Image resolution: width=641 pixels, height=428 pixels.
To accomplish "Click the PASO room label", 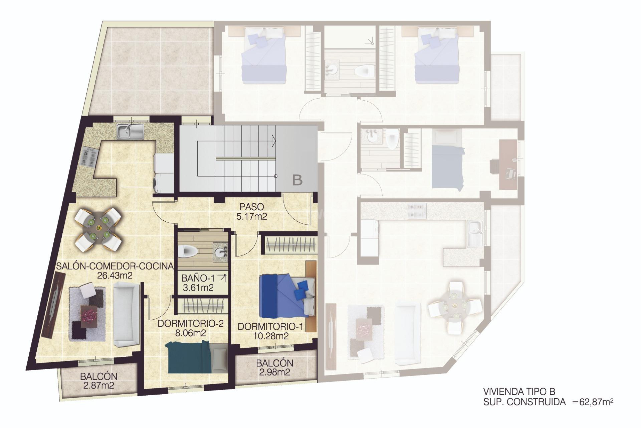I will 251,207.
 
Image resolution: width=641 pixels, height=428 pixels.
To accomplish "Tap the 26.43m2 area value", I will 115,276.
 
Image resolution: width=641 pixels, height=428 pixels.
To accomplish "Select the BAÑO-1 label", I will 198,278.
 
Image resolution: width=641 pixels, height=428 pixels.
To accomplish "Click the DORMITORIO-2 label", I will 190,324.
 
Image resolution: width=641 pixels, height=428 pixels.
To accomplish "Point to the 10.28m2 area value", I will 271,336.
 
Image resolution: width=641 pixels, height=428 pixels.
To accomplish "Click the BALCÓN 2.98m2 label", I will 274,367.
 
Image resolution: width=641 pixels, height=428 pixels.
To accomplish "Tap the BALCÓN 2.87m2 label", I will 98,381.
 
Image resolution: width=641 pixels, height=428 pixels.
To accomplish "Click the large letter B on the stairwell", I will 297,180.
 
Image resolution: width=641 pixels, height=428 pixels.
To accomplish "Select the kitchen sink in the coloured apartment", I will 130,131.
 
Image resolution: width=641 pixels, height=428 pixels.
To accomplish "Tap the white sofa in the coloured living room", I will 126,314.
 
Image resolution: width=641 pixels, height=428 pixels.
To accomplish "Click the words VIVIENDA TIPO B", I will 519,392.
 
